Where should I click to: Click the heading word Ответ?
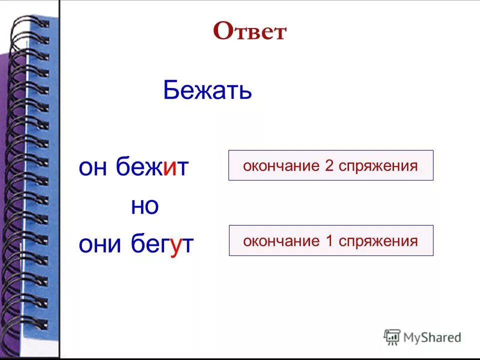(x=249, y=32)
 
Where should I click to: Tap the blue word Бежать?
(x=207, y=91)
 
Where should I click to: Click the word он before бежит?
(x=93, y=168)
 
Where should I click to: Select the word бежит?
(x=152, y=167)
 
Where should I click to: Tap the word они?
(x=100, y=245)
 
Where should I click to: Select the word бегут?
(x=162, y=245)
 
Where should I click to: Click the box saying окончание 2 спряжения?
(x=330, y=165)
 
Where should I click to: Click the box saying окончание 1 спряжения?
(x=330, y=241)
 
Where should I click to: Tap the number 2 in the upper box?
(x=329, y=165)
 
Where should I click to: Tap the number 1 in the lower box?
(x=329, y=241)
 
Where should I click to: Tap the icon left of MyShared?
(x=392, y=336)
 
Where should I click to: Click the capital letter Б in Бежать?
(x=171, y=91)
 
